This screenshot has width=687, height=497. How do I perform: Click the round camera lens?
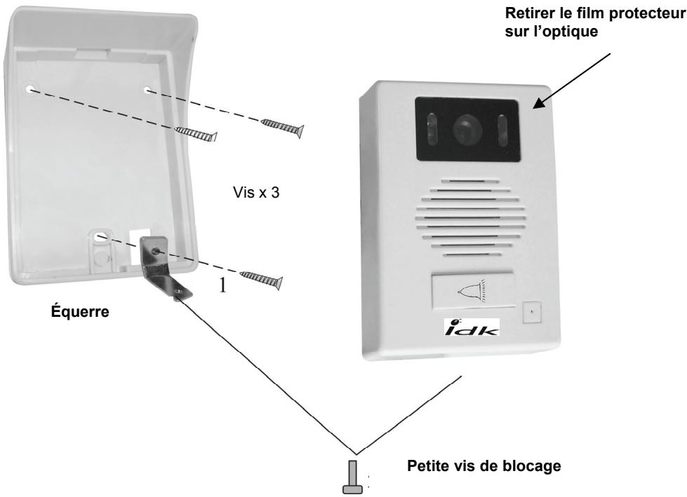(464, 129)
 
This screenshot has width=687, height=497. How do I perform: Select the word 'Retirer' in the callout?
(547, 18)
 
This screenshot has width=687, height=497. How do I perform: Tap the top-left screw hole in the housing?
(32, 89)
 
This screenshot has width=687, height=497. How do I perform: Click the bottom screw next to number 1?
(261, 278)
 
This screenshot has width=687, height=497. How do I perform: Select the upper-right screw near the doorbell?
(283, 127)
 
